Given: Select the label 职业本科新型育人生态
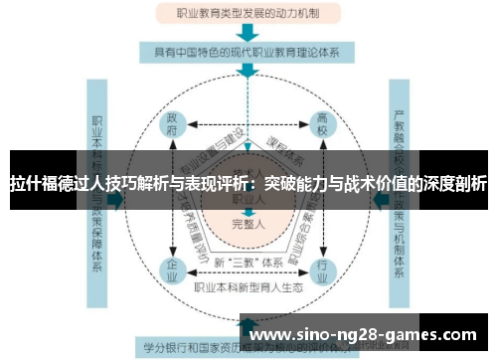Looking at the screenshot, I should [x=248, y=289].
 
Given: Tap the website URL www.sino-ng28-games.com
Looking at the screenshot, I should [x=368, y=333].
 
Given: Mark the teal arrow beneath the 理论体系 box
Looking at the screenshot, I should [x=248, y=72].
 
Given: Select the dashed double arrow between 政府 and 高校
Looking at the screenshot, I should [x=248, y=124].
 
